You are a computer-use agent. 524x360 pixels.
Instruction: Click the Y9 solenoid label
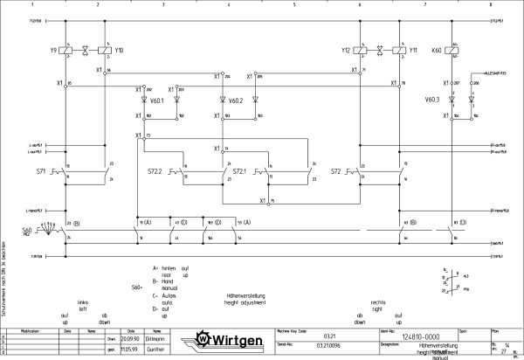[53, 51]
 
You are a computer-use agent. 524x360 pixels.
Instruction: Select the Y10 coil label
[119, 51]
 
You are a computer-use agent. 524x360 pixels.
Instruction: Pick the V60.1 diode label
[157, 100]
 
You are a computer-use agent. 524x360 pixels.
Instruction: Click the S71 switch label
[41, 171]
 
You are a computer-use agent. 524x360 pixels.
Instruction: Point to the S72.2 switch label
[155, 171]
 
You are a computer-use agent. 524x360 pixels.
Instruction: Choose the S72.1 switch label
[239, 171]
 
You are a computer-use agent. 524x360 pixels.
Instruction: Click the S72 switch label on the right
[336, 171]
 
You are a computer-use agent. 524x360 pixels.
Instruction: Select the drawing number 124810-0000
[420, 336]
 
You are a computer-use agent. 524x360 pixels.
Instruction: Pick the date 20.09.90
[131, 339]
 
